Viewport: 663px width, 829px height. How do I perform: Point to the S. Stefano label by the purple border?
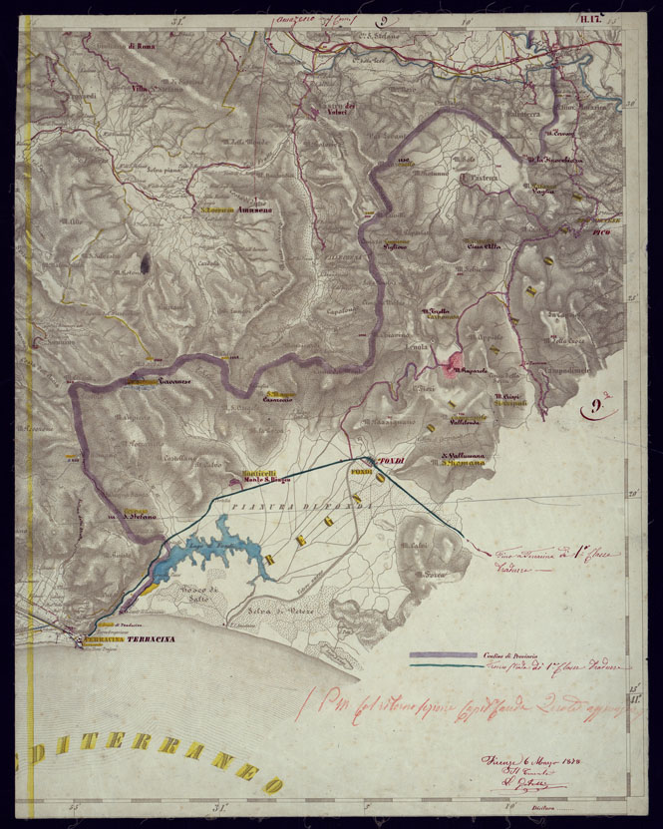[143, 516]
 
